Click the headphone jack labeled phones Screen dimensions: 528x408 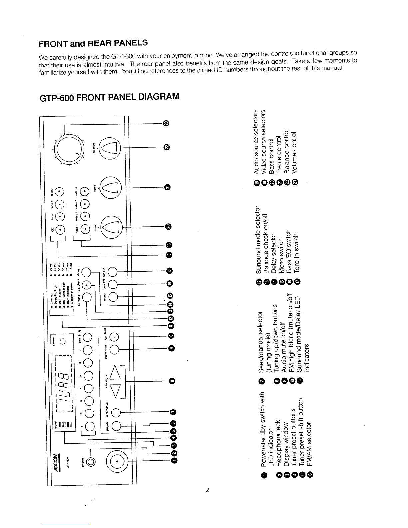click(91, 461)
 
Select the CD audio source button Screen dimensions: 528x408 click(60, 230)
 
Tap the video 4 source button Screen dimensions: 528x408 click(85, 191)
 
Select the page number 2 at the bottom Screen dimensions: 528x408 click(207, 490)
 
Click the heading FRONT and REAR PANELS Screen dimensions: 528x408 click(93, 43)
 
